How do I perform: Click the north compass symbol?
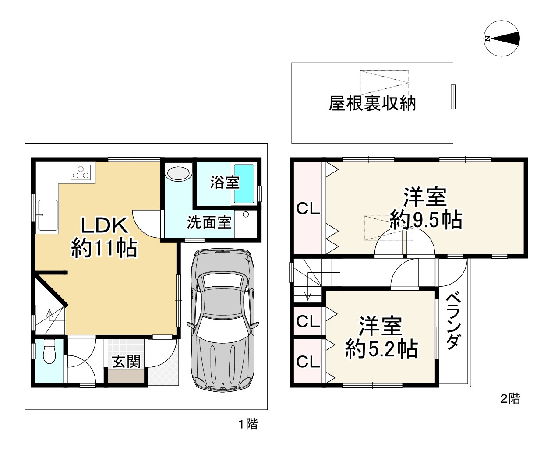pyautogui.click(x=502, y=39)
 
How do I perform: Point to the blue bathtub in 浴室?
pyautogui.click(x=244, y=183)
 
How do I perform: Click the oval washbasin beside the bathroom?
pyautogui.click(x=178, y=172)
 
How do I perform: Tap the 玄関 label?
pyautogui.click(x=127, y=362)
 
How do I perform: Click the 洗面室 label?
pyautogui.click(x=209, y=222)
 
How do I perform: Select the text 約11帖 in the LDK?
pyautogui.click(x=104, y=248)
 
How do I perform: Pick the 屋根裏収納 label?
pyautogui.click(x=372, y=104)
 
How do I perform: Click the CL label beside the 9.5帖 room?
pyautogui.click(x=308, y=209)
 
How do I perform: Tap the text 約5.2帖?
pyautogui.click(x=381, y=349)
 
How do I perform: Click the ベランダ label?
pyautogui.click(x=453, y=321)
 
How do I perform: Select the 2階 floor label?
pyautogui.click(x=510, y=399)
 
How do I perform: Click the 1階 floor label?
pyautogui.click(x=247, y=424)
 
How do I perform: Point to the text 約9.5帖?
pyautogui.click(x=426, y=220)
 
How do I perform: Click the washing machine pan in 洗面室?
pyautogui.click(x=246, y=223)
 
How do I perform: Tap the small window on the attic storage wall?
pyautogui.click(x=453, y=97)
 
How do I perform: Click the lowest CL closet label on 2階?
pyautogui.click(x=308, y=362)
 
